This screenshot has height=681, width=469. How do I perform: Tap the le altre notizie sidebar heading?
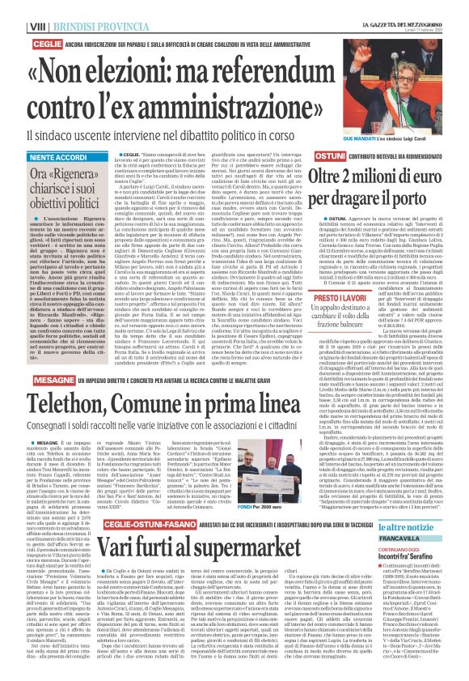412,527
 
